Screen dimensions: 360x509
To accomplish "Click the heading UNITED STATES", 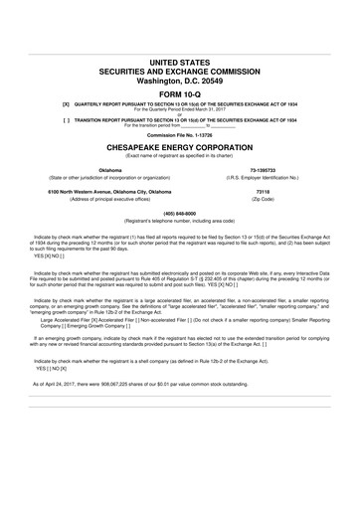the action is click(x=180, y=62).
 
